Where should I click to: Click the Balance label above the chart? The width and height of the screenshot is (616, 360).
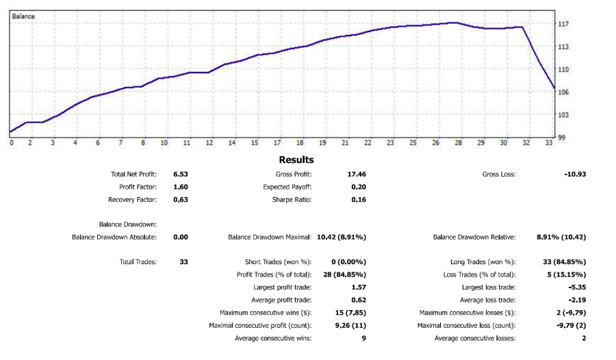coord(24,15)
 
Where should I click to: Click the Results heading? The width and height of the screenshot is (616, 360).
coord(296,159)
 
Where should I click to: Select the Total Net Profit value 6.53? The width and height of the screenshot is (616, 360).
coord(181,175)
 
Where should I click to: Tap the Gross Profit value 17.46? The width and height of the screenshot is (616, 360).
coord(357,175)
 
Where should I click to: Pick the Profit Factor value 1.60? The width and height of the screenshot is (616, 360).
coord(181,187)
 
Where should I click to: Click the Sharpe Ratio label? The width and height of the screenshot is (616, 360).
coord(292,200)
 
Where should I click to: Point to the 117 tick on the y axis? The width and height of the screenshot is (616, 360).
coord(564,24)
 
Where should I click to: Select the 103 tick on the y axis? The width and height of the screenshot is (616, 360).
coord(564,115)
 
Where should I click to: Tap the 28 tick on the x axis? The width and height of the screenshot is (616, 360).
coord(458,143)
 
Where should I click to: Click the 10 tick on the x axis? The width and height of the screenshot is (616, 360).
coord(164,143)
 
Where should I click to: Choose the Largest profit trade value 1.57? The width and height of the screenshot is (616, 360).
coord(359,287)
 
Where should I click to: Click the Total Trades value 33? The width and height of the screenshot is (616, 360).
coord(183,262)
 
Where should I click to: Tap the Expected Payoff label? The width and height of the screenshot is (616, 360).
coord(287,187)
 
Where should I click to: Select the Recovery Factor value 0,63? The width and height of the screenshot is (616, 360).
coord(181,200)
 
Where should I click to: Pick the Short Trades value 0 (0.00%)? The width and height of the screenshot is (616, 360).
coord(349,262)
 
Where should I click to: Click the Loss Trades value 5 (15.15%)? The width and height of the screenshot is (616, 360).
coord(565,274)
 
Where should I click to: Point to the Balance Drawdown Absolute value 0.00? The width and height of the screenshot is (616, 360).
coord(181,237)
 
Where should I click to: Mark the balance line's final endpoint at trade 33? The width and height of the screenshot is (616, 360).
coord(554,88)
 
